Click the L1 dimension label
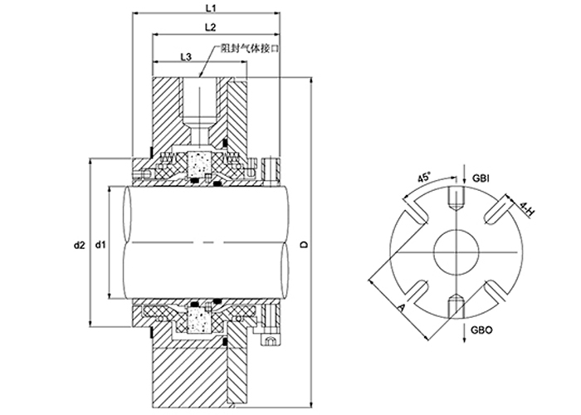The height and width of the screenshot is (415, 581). (x=211, y=7)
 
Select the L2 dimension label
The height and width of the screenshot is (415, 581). (x=210, y=27)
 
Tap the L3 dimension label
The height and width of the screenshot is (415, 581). (x=186, y=56)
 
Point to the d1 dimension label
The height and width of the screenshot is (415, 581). (x=100, y=245)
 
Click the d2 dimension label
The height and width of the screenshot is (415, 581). (x=79, y=245)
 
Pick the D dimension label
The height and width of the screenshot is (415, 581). (x=305, y=245)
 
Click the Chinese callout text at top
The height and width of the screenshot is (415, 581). (x=249, y=49)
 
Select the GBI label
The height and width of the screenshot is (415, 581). (x=481, y=178)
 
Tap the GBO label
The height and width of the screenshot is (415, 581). (x=481, y=330)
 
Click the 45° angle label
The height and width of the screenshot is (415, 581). (x=425, y=177)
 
